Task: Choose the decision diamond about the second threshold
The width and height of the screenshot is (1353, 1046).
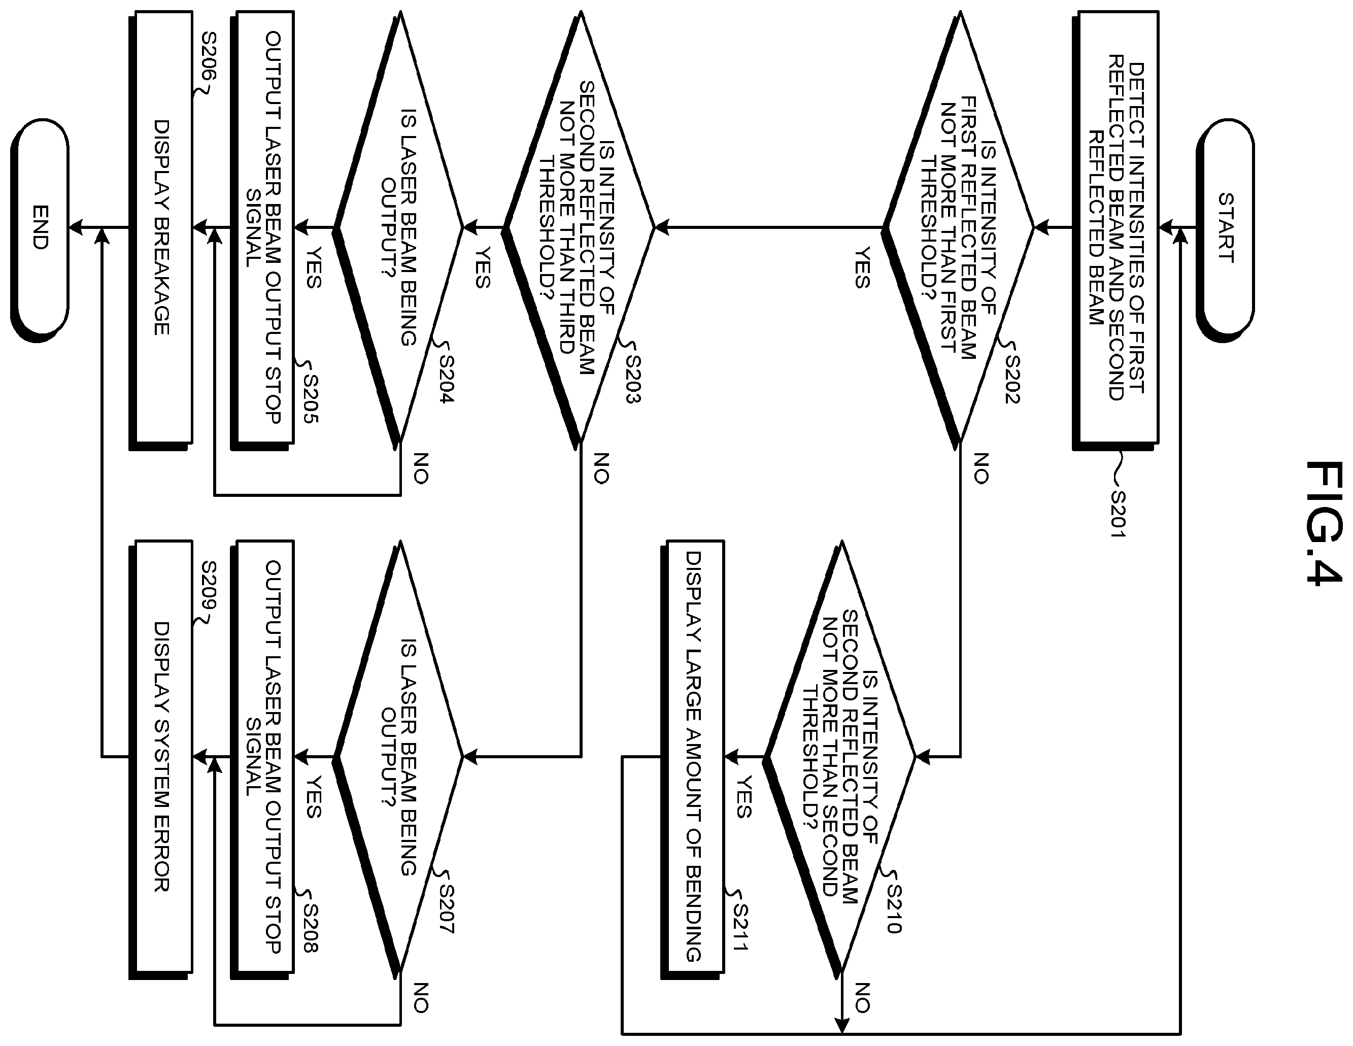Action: pos(839,757)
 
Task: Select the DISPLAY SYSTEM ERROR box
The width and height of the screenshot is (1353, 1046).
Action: pos(160,757)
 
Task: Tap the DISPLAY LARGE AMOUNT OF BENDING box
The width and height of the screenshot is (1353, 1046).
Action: pos(693,757)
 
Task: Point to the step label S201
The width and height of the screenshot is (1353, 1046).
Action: pos(1118,514)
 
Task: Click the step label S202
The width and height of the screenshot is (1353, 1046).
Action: pos(1012,379)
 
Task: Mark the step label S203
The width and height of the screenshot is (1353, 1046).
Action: pos(633,379)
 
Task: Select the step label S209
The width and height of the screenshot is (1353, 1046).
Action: pos(209,585)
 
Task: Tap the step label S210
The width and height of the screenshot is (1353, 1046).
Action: pos(893,908)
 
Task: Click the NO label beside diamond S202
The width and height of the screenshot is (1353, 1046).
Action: pos(980,468)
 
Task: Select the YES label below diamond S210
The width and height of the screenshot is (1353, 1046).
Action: pos(743,797)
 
